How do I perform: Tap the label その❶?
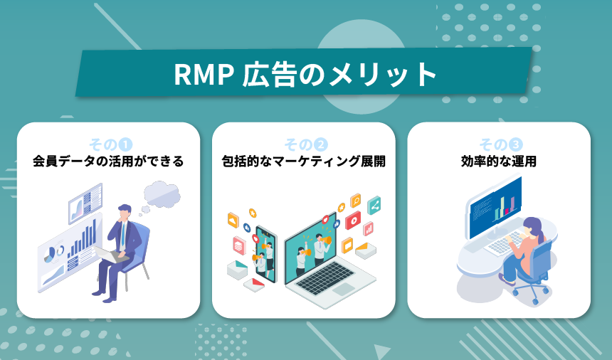[108, 143]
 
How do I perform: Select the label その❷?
[305, 143]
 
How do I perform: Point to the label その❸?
[499, 143]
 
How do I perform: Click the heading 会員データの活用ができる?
[108, 162]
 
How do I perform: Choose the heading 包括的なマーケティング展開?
[304, 162]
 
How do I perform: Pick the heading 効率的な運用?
[499, 162]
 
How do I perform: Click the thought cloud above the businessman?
[162, 194]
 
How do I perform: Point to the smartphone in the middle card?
[265, 253]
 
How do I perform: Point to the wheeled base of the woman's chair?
[528, 293]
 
